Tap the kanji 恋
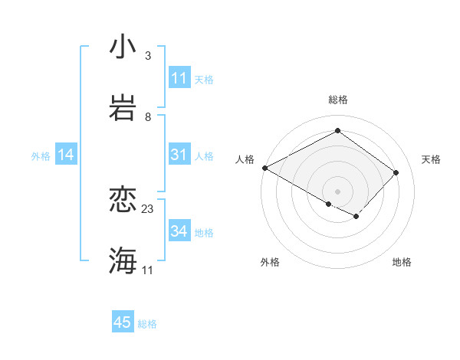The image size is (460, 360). pyautogui.click(x=123, y=200)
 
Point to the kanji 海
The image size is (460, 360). pyautogui.click(x=123, y=260)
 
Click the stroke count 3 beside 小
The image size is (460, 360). pyautogui.click(x=147, y=56)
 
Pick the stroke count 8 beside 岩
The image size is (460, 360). pyautogui.click(x=147, y=116)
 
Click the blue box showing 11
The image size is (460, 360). pyautogui.click(x=179, y=78)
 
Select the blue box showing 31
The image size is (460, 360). pyautogui.click(x=179, y=155)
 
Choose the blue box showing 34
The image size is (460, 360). pyautogui.click(x=179, y=231)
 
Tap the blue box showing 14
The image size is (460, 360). pyautogui.click(x=66, y=155)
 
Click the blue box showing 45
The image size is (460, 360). pyautogui.click(x=123, y=322)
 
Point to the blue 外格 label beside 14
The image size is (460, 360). pyautogui.click(x=41, y=155)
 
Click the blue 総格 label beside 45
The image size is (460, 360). pyautogui.click(x=147, y=324)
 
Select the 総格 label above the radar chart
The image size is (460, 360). pyautogui.click(x=338, y=100)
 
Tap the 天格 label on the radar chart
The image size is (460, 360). pyautogui.click(x=432, y=159)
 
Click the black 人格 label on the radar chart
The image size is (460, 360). pyautogui.click(x=245, y=159)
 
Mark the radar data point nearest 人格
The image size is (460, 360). pyautogui.click(x=264, y=168)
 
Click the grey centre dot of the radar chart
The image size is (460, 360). pyautogui.click(x=337, y=191)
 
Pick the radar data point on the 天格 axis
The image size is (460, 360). pyautogui.click(x=396, y=172)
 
